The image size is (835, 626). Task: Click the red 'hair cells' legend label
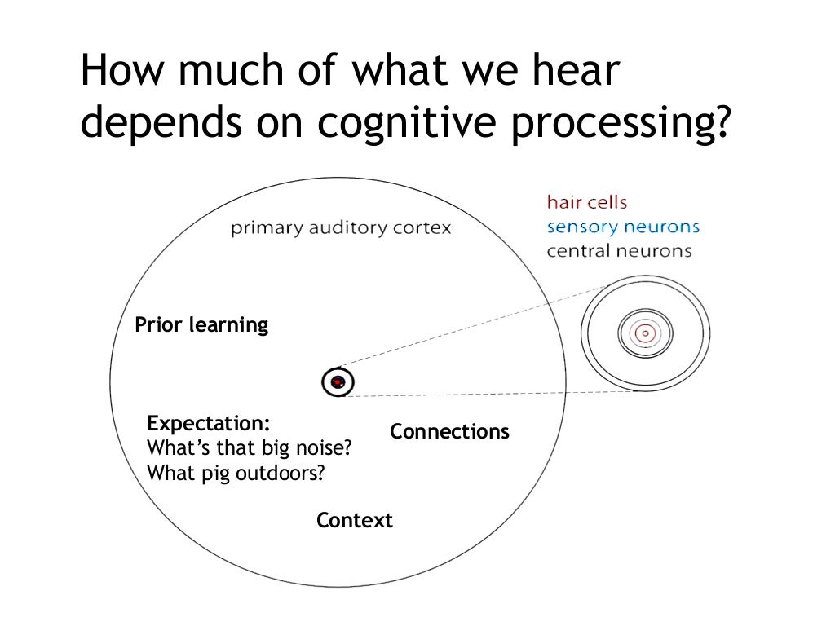pos(586,202)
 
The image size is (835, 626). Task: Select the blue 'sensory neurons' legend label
pos(623,227)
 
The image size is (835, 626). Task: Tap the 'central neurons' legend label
pos(619,251)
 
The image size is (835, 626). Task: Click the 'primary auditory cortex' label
pos(340,228)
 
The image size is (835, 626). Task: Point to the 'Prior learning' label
pos(201,325)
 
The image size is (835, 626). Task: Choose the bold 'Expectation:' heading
pos(209,424)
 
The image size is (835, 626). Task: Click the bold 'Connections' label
pos(449,431)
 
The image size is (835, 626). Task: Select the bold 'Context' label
pos(355,520)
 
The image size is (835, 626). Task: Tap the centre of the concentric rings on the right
pos(645,333)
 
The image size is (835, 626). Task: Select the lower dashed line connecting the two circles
pos(489,395)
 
